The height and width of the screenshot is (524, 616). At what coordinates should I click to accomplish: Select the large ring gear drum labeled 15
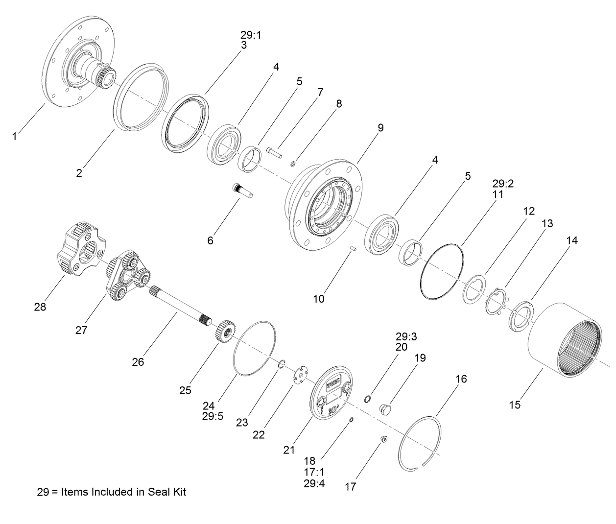click(x=563, y=340)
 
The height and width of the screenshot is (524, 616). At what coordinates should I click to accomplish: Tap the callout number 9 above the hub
click(x=380, y=128)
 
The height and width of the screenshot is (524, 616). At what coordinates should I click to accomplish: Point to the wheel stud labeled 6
click(x=241, y=191)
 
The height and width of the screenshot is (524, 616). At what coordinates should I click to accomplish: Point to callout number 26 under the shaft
click(x=138, y=362)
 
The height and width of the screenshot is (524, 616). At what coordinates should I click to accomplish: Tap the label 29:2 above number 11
click(x=503, y=184)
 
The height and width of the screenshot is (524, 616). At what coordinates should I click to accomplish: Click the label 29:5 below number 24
click(x=213, y=416)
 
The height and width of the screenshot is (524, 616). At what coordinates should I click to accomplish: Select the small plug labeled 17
click(x=383, y=439)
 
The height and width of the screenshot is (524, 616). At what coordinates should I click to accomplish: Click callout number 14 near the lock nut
click(x=572, y=240)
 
